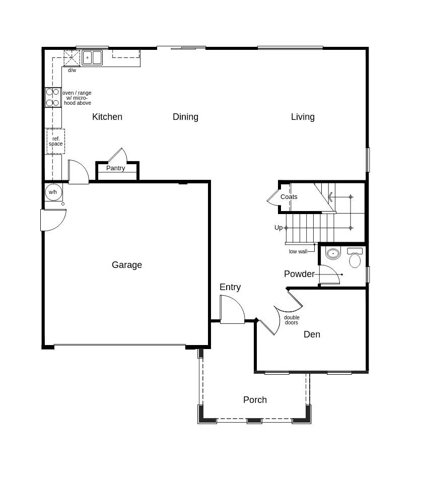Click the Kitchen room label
pos(107,117)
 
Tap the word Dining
pos(185,117)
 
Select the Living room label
pos(303,117)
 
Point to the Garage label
pos(127,265)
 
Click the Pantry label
pos(115,168)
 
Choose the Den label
pos(312,334)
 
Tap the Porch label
pos(255,400)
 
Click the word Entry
pos(230,287)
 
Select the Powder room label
pos(299,274)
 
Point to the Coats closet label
pos(289,197)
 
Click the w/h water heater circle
pos(53,192)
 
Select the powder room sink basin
pos(333,253)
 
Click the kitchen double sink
pos(92,58)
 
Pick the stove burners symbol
pos(52,97)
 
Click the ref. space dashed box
pos(55,141)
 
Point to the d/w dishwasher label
pos(72,71)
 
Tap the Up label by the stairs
pos(278,228)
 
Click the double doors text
pos(292,320)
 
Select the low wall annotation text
pos(298,251)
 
